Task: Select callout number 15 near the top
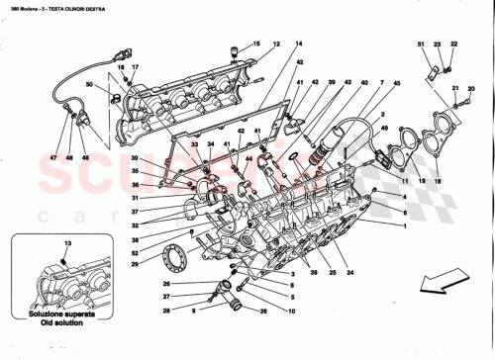pos(253,45)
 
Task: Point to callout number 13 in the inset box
pos(67,243)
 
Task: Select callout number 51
pos(420,45)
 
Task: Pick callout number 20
pos(470,88)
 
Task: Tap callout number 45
pos(397,84)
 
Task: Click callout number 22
pos(453,45)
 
